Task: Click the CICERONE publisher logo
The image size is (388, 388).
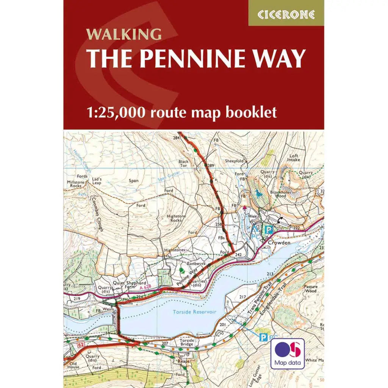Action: coord(286,14)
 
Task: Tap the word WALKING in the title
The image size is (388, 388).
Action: coord(124,34)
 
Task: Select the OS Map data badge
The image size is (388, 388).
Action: coord(288,354)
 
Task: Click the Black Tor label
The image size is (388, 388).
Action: coord(183,164)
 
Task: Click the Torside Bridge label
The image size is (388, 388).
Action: coord(187,342)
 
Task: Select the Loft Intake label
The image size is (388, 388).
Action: coord(294,158)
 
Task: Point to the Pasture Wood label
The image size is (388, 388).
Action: coord(310,289)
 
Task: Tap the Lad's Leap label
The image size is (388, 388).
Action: coord(97,180)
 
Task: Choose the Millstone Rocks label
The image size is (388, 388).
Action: coord(74,184)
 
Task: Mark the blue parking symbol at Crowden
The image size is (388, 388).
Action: coord(269,230)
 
